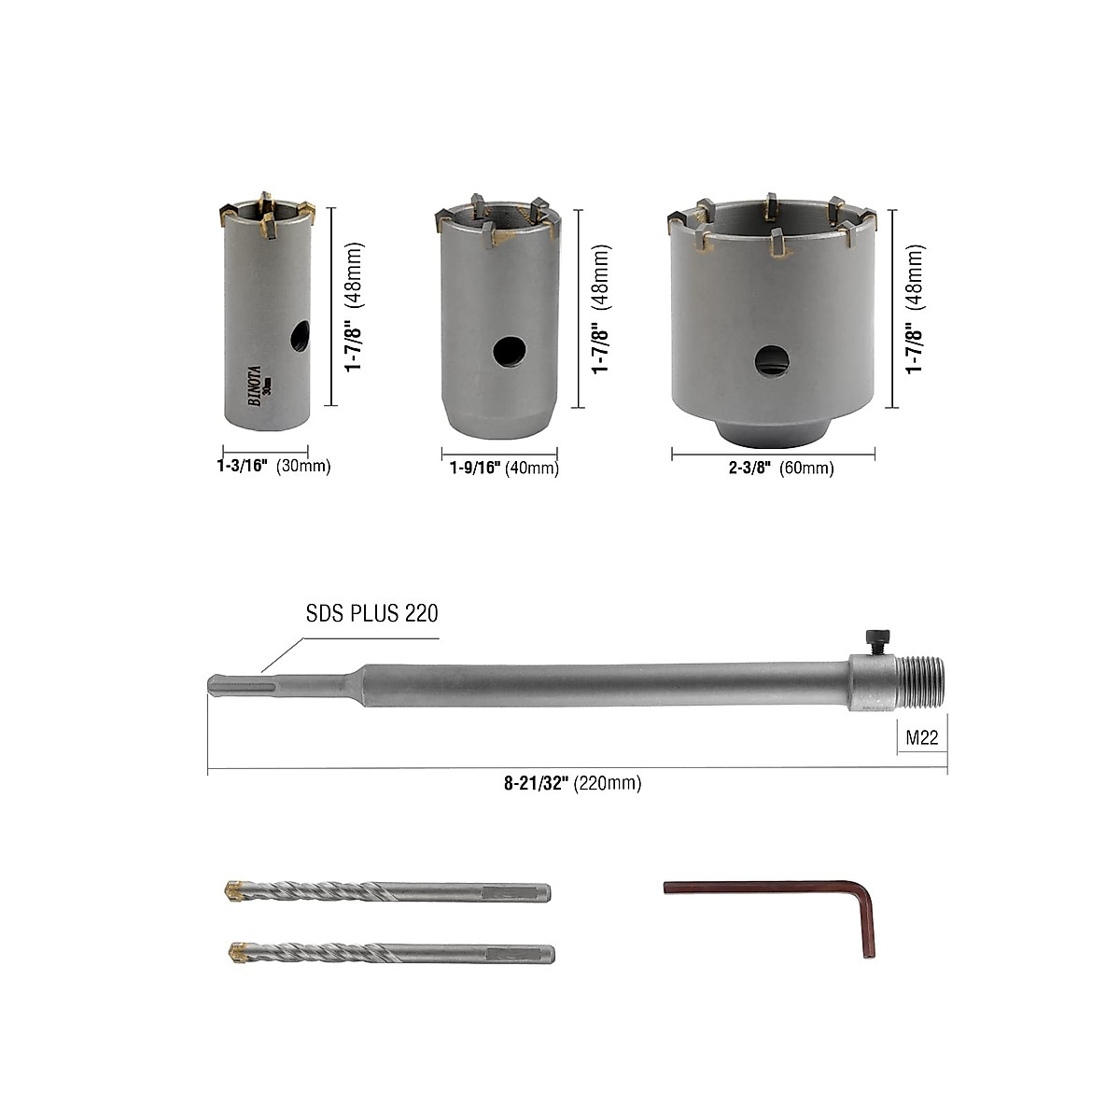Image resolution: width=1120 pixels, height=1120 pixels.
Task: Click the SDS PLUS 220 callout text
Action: coord(371,613)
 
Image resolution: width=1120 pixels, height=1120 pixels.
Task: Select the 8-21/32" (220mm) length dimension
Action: coord(570,784)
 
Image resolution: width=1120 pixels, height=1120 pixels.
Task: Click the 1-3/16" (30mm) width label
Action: coord(268,466)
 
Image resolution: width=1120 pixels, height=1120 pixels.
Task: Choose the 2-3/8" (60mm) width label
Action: coord(781,469)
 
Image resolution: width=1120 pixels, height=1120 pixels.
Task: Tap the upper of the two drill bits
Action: coord(387,891)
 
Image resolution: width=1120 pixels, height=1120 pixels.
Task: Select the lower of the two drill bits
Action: coord(390,955)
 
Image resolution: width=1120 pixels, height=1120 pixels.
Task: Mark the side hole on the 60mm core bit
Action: coord(771,361)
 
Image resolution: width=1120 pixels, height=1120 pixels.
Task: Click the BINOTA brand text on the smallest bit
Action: coord(252,383)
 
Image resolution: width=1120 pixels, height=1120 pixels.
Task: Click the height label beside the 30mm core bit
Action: coord(354,308)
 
